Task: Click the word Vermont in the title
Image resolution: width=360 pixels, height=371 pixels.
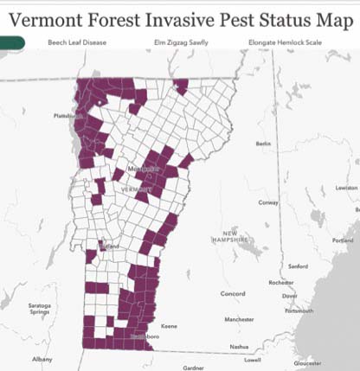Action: tap(56, 16)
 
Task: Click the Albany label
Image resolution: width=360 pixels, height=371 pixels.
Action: tap(42, 358)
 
